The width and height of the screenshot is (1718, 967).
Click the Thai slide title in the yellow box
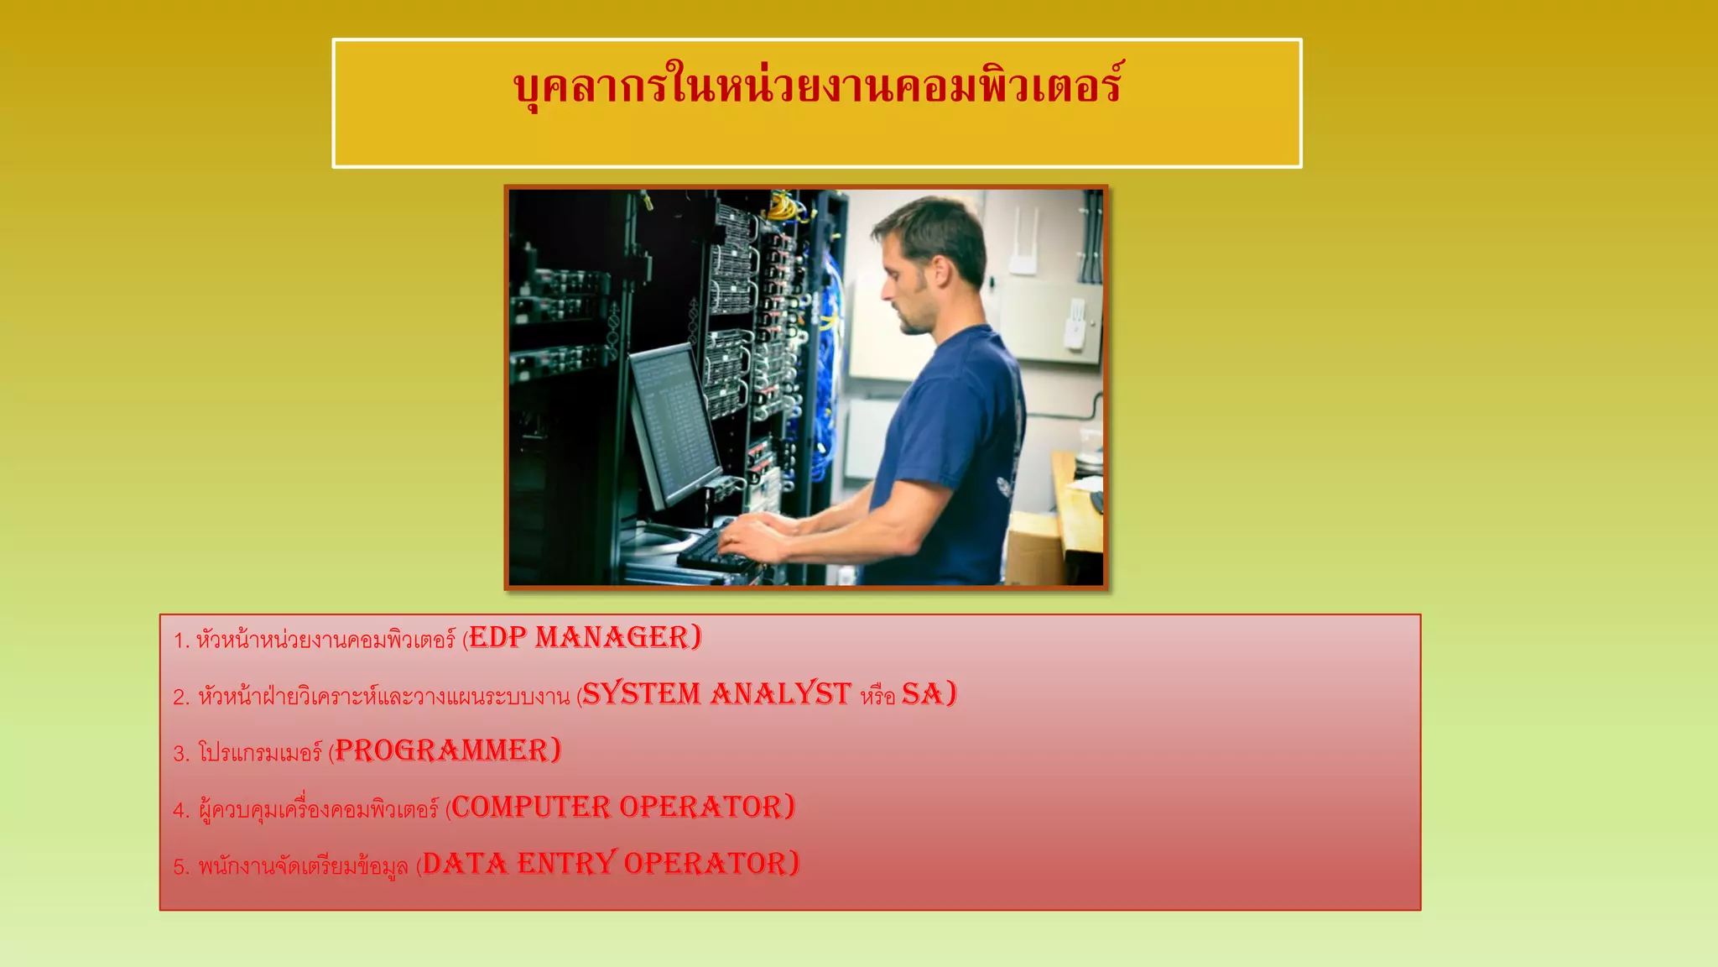[817, 86]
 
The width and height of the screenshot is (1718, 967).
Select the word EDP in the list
[497, 638]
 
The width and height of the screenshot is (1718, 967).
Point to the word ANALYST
[780, 694]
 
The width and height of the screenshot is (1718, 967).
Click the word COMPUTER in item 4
[531, 808]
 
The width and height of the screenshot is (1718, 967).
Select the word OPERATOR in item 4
[703, 808]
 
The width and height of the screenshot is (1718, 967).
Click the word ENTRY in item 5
[566, 864]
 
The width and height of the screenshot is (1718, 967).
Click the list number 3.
[180, 754]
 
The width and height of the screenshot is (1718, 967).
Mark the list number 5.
[180, 867]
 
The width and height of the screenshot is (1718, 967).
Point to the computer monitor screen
[671, 420]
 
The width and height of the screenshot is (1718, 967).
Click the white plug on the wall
[1075, 323]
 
